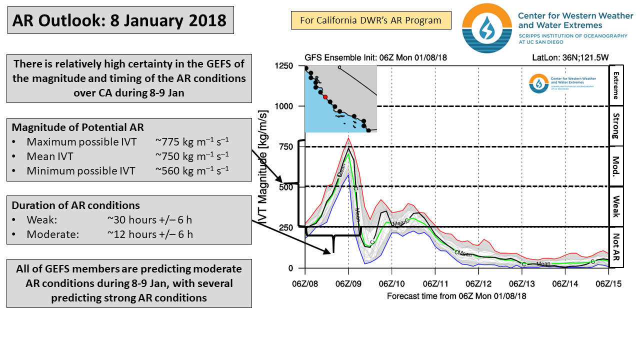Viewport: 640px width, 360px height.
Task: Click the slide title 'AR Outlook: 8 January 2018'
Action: (120, 20)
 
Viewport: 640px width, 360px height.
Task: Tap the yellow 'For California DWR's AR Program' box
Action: (370, 20)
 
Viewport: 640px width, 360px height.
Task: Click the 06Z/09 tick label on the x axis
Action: (348, 284)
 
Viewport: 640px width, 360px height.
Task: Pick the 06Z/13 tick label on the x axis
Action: (522, 284)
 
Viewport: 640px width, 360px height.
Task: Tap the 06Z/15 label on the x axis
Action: (608, 284)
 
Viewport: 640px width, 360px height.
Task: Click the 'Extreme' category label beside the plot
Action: (616, 85)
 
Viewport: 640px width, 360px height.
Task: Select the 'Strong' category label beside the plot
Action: (616, 126)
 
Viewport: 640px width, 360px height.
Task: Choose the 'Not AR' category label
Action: (616, 247)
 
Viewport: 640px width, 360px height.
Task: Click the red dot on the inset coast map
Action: (325, 97)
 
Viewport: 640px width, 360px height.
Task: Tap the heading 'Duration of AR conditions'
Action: (75, 205)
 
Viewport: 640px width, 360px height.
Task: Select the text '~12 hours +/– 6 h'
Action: (149, 234)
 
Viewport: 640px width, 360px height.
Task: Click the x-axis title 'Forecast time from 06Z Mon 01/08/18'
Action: (456, 296)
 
